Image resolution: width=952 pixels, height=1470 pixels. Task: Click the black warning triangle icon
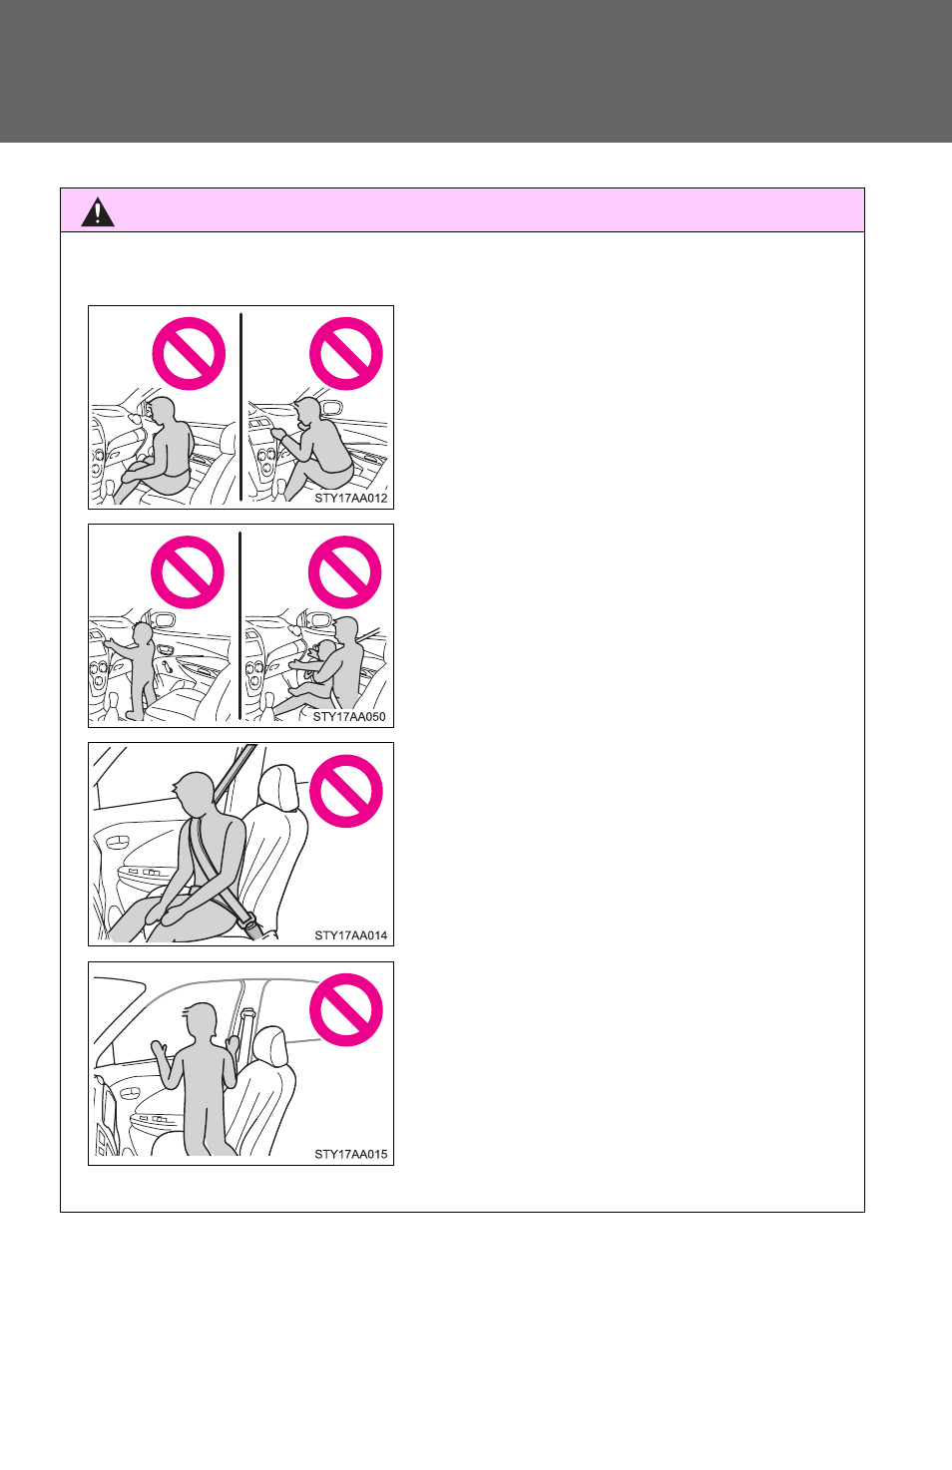pyautogui.click(x=98, y=212)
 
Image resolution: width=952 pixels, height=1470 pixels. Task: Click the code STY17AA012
pyautogui.click(x=350, y=498)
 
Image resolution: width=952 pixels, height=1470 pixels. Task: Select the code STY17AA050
pyautogui.click(x=349, y=717)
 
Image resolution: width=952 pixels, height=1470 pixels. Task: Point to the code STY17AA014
pyautogui.click(x=350, y=935)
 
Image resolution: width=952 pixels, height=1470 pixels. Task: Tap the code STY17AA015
pyautogui.click(x=350, y=1154)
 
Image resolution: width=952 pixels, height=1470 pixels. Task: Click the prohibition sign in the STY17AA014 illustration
pyautogui.click(x=346, y=791)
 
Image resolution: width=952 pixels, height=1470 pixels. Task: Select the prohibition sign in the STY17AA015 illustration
pyautogui.click(x=346, y=1009)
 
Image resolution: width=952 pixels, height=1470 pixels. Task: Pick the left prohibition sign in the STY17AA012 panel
pyautogui.click(x=189, y=354)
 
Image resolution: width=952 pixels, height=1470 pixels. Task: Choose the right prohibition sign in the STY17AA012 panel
pyautogui.click(x=346, y=354)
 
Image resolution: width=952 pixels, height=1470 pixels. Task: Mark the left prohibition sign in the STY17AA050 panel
pyautogui.click(x=188, y=572)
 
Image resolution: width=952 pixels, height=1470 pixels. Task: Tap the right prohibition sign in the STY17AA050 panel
pyautogui.click(x=344, y=572)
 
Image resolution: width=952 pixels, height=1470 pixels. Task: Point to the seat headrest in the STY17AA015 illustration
pyautogui.click(x=269, y=1046)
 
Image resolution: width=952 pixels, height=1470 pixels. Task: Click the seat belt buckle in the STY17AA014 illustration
pyautogui.click(x=249, y=923)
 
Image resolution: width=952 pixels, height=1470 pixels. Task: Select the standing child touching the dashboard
pyautogui.click(x=135, y=669)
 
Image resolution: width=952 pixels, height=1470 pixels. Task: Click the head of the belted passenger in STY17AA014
pyautogui.click(x=194, y=794)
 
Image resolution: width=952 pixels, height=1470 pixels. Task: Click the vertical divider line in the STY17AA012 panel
pyautogui.click(x=240, y=407)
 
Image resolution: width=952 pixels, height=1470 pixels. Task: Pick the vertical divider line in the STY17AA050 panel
pyautogui.click(x=240, y=625)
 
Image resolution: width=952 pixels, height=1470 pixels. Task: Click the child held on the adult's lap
pyautogui.click(x=313, y=676)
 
